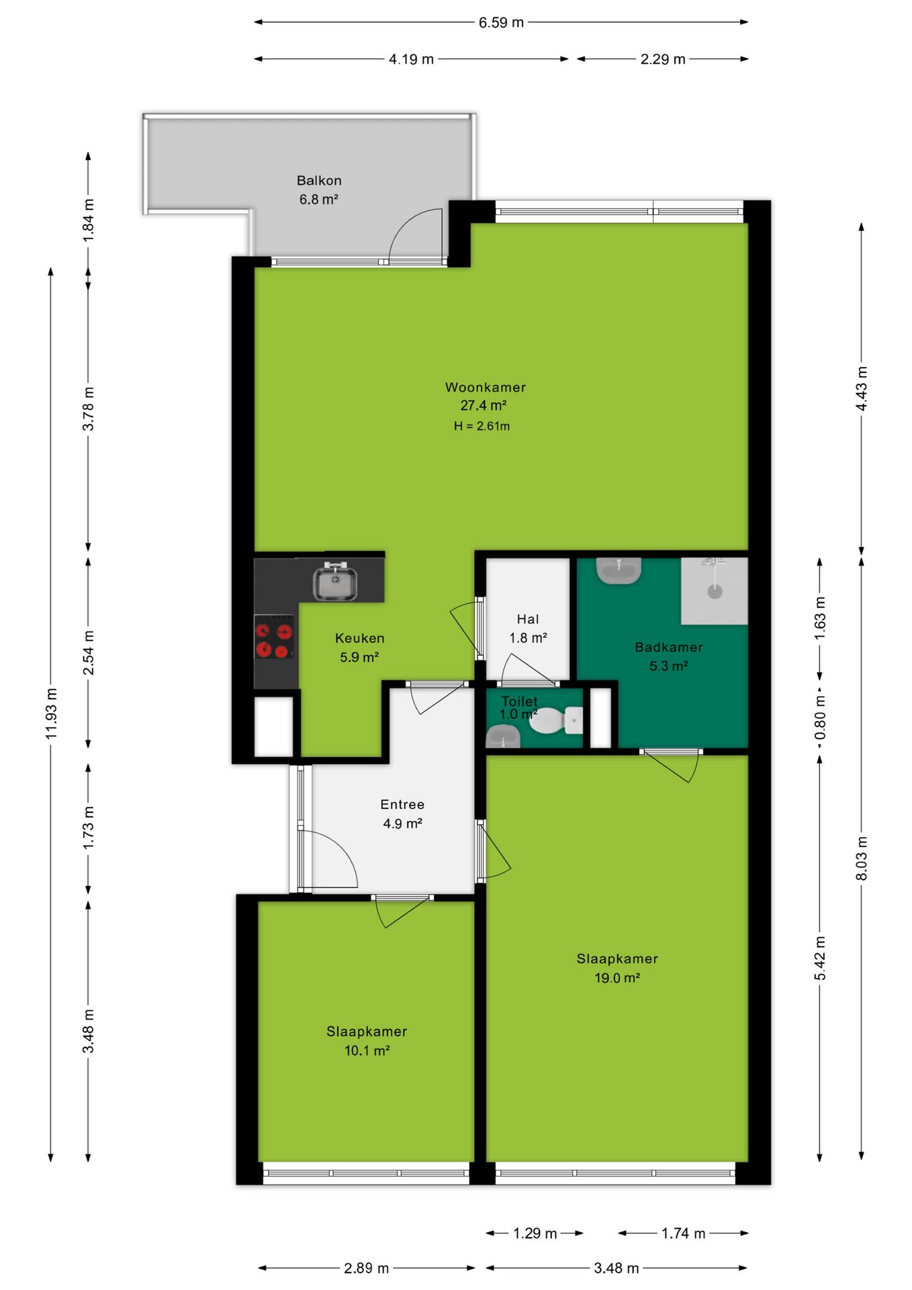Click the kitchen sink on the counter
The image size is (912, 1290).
tap(335, 581)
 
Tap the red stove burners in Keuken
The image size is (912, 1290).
tap(274, 640)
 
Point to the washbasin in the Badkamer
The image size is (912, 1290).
tap(619, 570)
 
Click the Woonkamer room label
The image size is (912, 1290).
tap(486, 387)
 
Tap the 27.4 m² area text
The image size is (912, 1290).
tap(484, 405)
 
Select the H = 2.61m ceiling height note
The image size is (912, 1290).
tap(482, 426)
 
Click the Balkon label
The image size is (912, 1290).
tap(319, 180)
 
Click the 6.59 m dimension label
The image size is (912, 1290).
tap(501, 22)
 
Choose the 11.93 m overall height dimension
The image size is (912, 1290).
tap(51, 714)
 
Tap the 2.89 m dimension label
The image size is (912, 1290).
tap(367, 1268)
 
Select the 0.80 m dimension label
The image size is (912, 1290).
tap(820, 717)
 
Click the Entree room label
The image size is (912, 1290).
tap(402, 804)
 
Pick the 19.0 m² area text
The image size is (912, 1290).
tap(617, 978)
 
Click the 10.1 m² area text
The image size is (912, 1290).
tap(367, 1050)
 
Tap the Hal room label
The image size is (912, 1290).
tap(528, 619)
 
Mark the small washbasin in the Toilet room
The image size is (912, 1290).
tap(502, 737)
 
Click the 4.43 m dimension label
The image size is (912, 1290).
tap(862, 389)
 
